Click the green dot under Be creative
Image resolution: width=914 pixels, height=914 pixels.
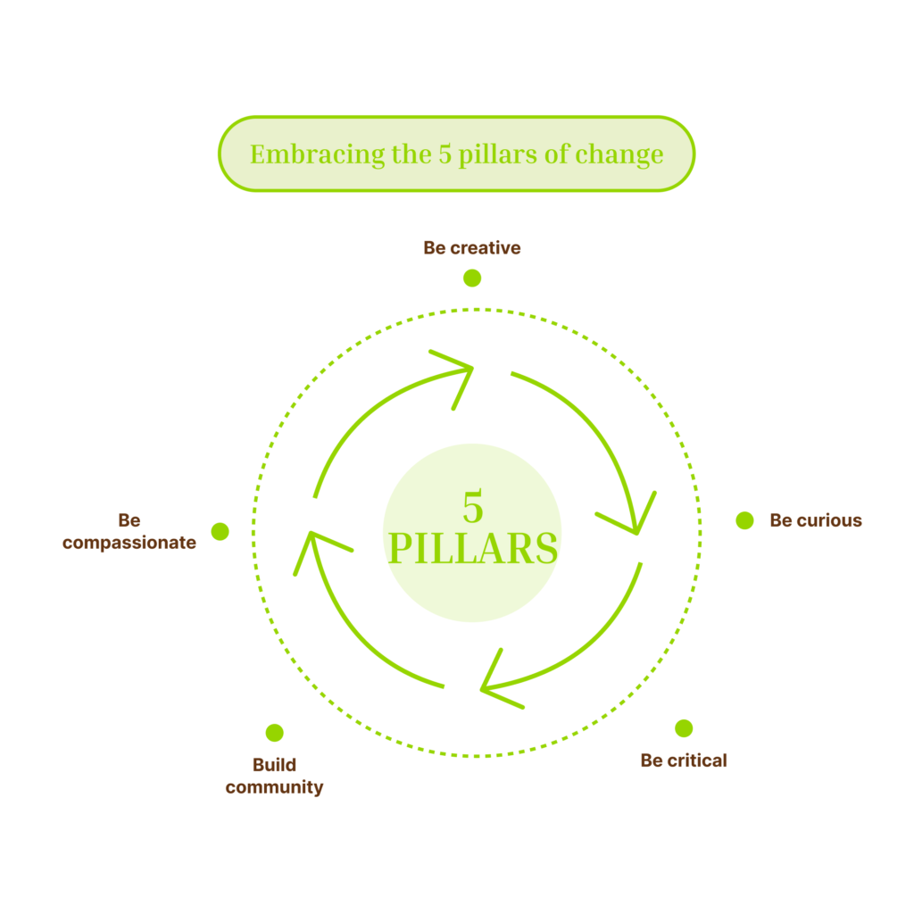pyautogui.click(x=472, y=278)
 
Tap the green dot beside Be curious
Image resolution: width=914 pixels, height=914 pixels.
pyautogui.click(x=744, y=520)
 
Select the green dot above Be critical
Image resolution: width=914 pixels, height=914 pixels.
pyautogui.click(x=684, y=728)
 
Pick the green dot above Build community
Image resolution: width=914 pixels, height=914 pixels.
pyautogui.click(x=275, y=733)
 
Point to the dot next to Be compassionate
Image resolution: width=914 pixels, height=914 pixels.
pyautogui.click(x=220, y=531)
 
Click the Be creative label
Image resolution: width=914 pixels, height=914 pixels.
pyautogui.click(x=471, y=248)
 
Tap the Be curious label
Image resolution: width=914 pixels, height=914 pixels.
pyautogui.click(x=816, y=520)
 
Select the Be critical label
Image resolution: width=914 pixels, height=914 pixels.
pyautogui.click(x=684, y=760)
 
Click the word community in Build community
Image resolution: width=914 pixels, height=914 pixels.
pyautogui.click(x=274, y=787)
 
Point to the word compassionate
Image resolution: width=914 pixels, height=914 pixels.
pyautogui.click(x=129, y=543)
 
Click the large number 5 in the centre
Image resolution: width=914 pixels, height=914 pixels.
pyautogui.click(x=473, y=507)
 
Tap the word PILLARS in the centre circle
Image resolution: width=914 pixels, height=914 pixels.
pyautogui.click(x=473, y=548)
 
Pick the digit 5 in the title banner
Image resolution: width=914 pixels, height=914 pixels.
pyautogui.click(x=444, y=154)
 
